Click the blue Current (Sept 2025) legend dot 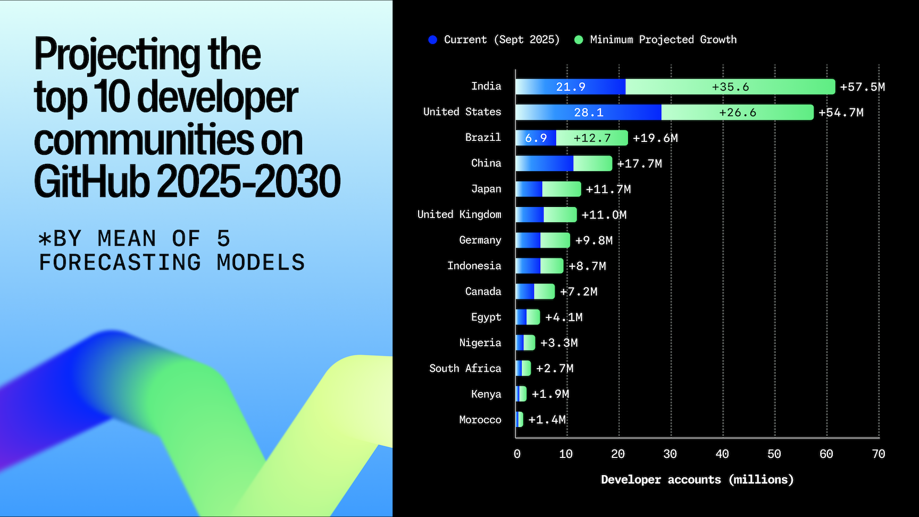432,40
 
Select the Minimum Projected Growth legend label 663,40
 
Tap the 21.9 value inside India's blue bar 571,87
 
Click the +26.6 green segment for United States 737,112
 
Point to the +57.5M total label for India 862,87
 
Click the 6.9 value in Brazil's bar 536,138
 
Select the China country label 486,163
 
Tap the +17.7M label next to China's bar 639,164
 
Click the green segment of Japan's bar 561,189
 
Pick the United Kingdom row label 459,214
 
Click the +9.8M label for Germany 594,240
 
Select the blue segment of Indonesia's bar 528,266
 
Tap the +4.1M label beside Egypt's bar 564,318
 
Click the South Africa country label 465,369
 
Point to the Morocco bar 520,420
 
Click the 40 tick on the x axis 722,454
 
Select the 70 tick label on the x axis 878,454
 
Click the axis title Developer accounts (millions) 697,480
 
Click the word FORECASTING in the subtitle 120,263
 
